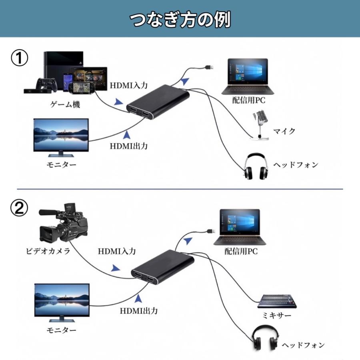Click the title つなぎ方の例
(180, 19)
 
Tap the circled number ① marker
(19, 59)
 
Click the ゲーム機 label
(65, 105)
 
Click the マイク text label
(284, 131)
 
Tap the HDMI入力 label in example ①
(129, 85)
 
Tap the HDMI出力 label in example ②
(139, 310)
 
